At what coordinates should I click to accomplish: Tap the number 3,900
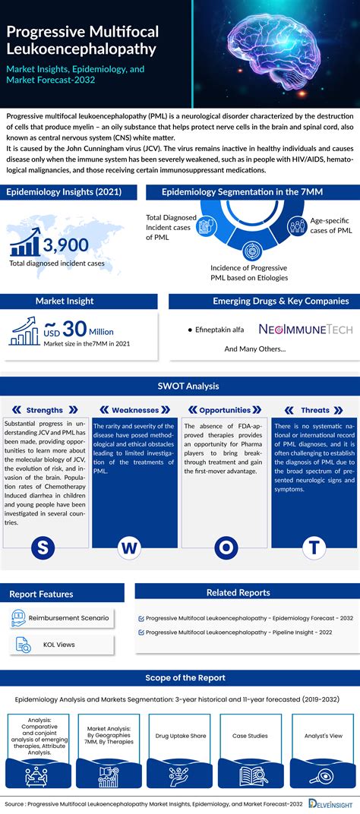[x=65, y=245]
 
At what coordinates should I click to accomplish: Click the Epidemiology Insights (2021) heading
[x=61, y=192]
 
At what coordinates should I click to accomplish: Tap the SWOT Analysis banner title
[x=179, y=386]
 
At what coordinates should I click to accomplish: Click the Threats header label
[x=315, y=410]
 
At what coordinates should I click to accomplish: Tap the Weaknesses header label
[x=135, y=410]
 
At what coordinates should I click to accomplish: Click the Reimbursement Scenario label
[x=68, y=617]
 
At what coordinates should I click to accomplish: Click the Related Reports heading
[x=238, y=592]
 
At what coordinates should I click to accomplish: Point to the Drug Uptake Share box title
[x=179, y=735]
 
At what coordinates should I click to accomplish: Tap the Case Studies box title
[x=251, y=735]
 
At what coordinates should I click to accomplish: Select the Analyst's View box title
[x=323, y=735]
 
